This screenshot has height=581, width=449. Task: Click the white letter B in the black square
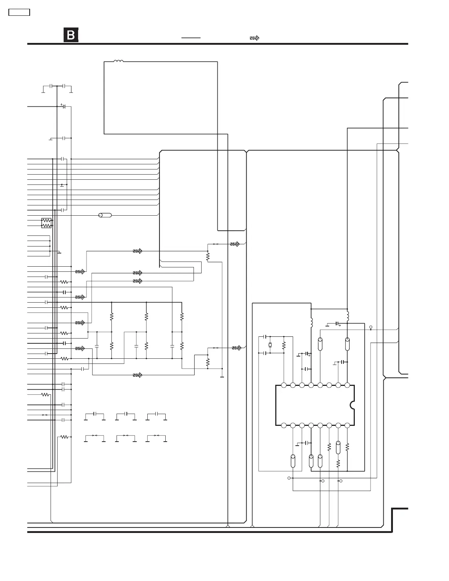click(x=71, y=35)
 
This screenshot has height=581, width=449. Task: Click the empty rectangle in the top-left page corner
click(x=19, y=12)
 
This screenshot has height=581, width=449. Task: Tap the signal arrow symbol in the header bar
click(x=254, y=38)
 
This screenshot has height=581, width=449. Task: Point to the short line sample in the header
click(x=191, y=38)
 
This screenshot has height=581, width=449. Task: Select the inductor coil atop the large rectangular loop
click(x=118, y=61)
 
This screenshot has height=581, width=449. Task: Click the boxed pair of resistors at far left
click(x=47, y=223)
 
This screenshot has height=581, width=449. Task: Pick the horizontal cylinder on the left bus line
click(x=105, y=215)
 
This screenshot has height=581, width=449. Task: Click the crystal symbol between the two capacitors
click(x=270, y=345)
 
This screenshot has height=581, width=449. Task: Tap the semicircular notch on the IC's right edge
click(x=352, y=405)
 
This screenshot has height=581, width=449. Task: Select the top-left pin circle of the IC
click(x=284, y=385)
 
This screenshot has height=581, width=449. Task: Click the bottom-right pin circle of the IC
click(x=347, y=425)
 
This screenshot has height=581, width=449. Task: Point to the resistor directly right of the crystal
click(x=284, y=345)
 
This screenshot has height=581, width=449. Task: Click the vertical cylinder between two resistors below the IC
click(x=338, y=447)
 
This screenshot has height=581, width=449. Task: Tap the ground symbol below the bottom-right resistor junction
click(x=222, y=376)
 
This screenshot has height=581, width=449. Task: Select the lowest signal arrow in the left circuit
click(x=138, y=375)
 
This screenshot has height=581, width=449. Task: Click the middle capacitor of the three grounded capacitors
click(x=126, y=414)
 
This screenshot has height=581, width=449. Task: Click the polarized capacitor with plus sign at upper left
click(x=63, y=106)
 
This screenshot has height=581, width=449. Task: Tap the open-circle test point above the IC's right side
click(x=371, y=327)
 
